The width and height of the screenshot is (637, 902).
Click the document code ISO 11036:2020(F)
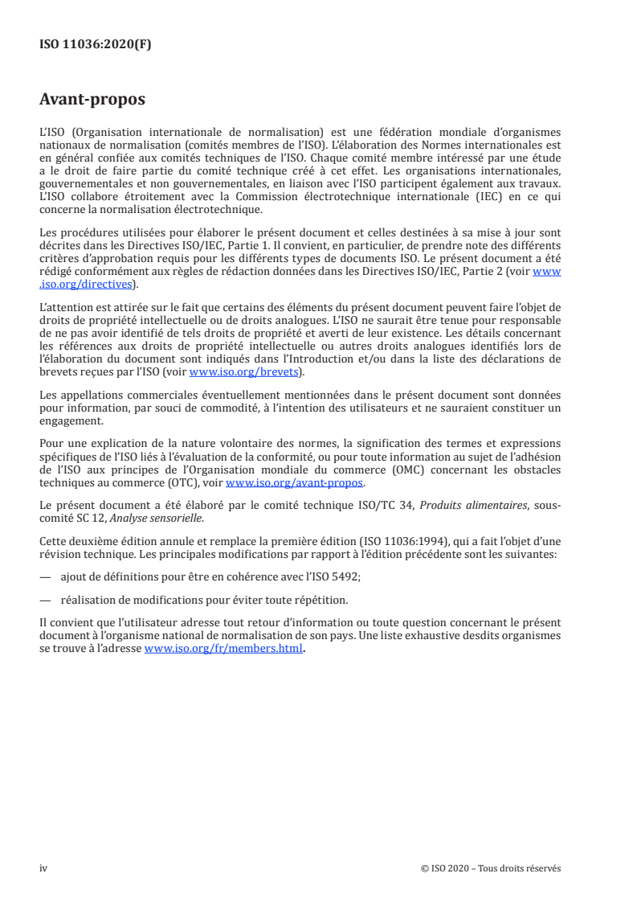point(95,45)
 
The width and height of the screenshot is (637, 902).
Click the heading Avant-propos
point(92,100)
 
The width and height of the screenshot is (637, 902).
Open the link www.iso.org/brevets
point(243,371)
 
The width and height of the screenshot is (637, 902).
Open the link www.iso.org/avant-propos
point(295,482)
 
